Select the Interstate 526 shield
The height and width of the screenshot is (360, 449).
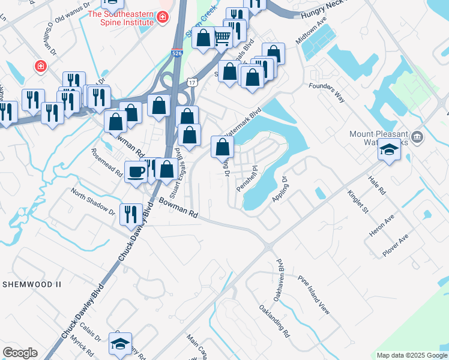[176, 53]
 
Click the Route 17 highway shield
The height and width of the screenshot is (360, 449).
[191, 82]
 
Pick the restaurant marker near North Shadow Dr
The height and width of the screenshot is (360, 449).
[130, 214]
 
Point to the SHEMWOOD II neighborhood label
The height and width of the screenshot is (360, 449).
[29, 283]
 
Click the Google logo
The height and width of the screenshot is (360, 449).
[20, 353]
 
